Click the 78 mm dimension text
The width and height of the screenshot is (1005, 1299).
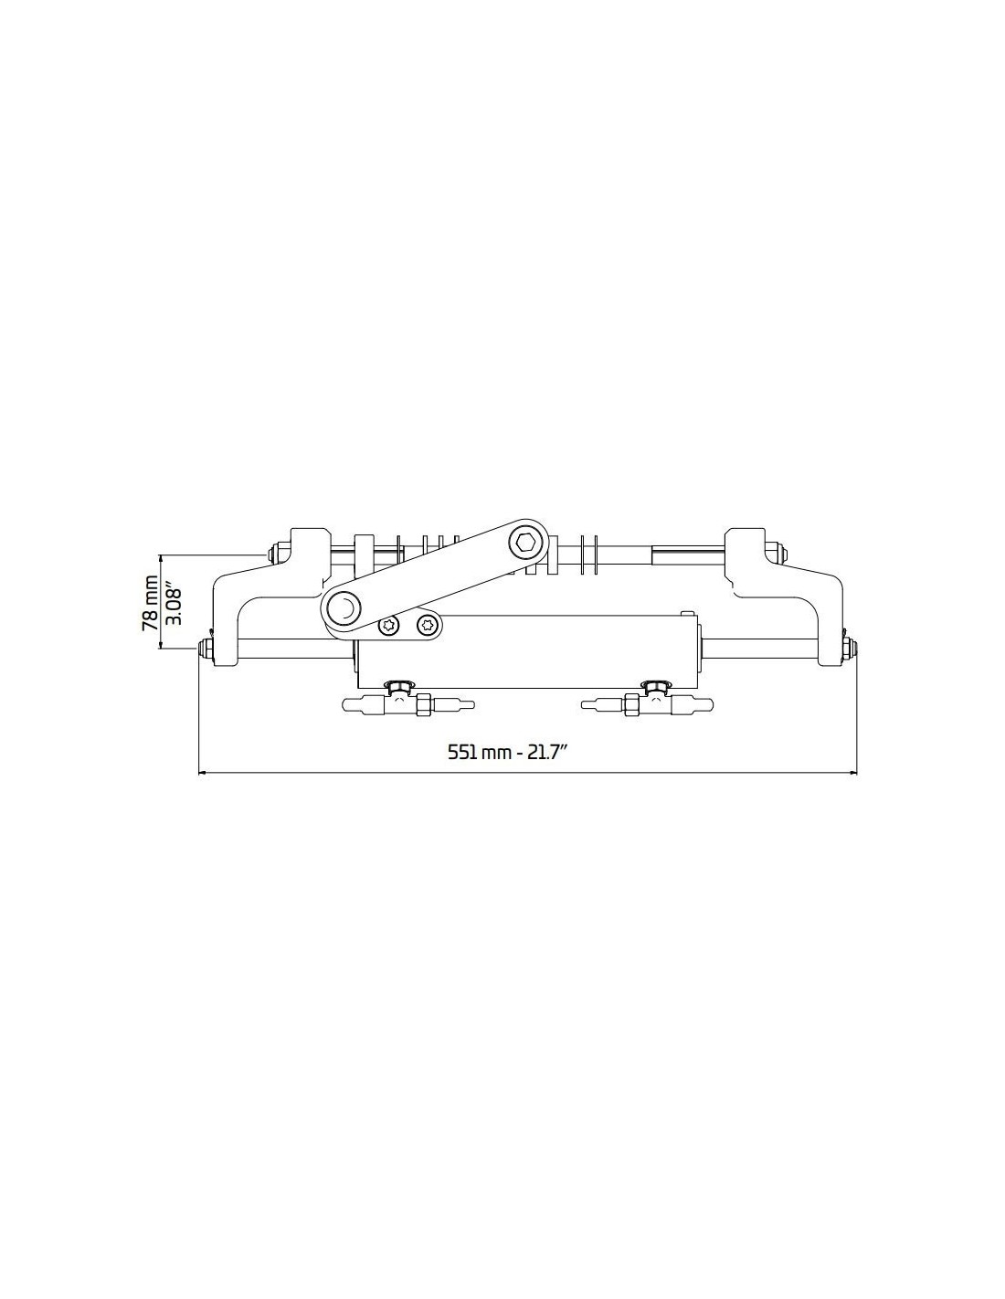point(150,603)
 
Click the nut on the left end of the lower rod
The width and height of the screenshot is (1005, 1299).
point(206,649)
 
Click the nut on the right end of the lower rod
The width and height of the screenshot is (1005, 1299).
point(849,649)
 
